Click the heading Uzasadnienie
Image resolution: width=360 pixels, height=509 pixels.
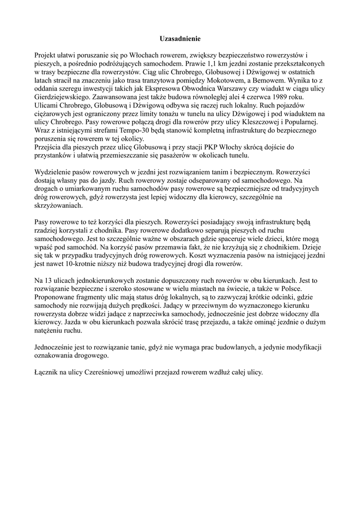(180, 38)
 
